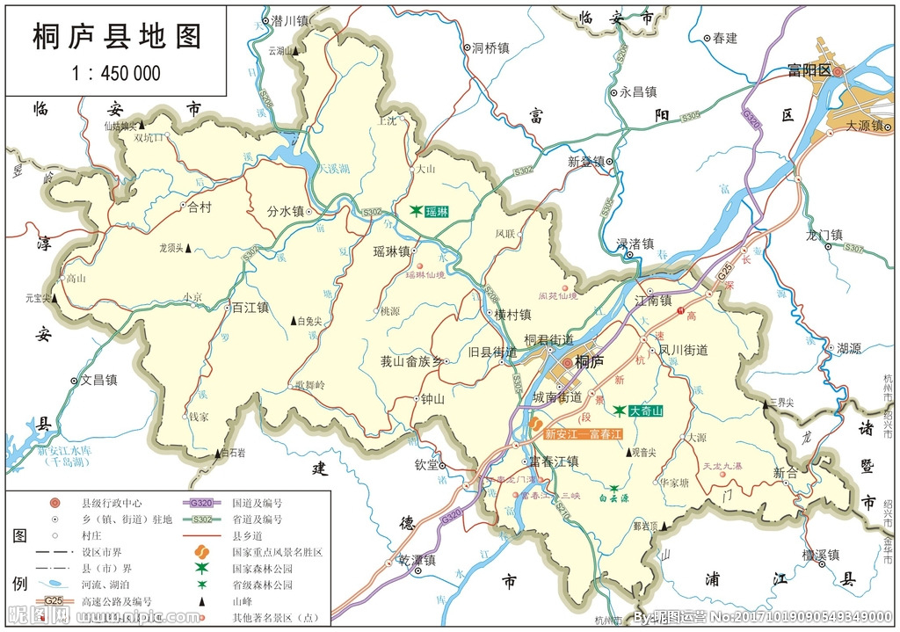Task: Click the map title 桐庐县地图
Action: click(117, 36)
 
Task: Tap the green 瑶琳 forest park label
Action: click(436, 211)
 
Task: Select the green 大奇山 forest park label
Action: click(644, 410)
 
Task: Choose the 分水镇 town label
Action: click(285, 211)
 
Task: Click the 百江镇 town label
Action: click(250, 308)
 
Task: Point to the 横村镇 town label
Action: click(512, 314)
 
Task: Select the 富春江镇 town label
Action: click(553, 461)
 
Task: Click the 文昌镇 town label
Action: click(99, 380)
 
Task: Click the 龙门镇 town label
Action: click(824, 235)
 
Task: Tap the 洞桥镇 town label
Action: click(490, 48)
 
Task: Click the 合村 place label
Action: click(200, 207)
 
